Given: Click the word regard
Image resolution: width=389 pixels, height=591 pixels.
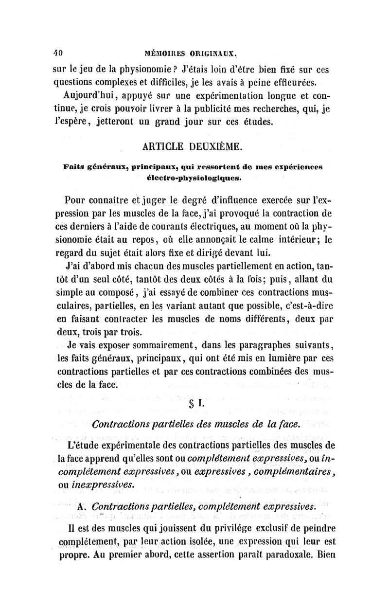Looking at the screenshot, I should pos(69,253).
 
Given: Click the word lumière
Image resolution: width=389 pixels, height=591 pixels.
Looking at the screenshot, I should pos(269,359).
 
